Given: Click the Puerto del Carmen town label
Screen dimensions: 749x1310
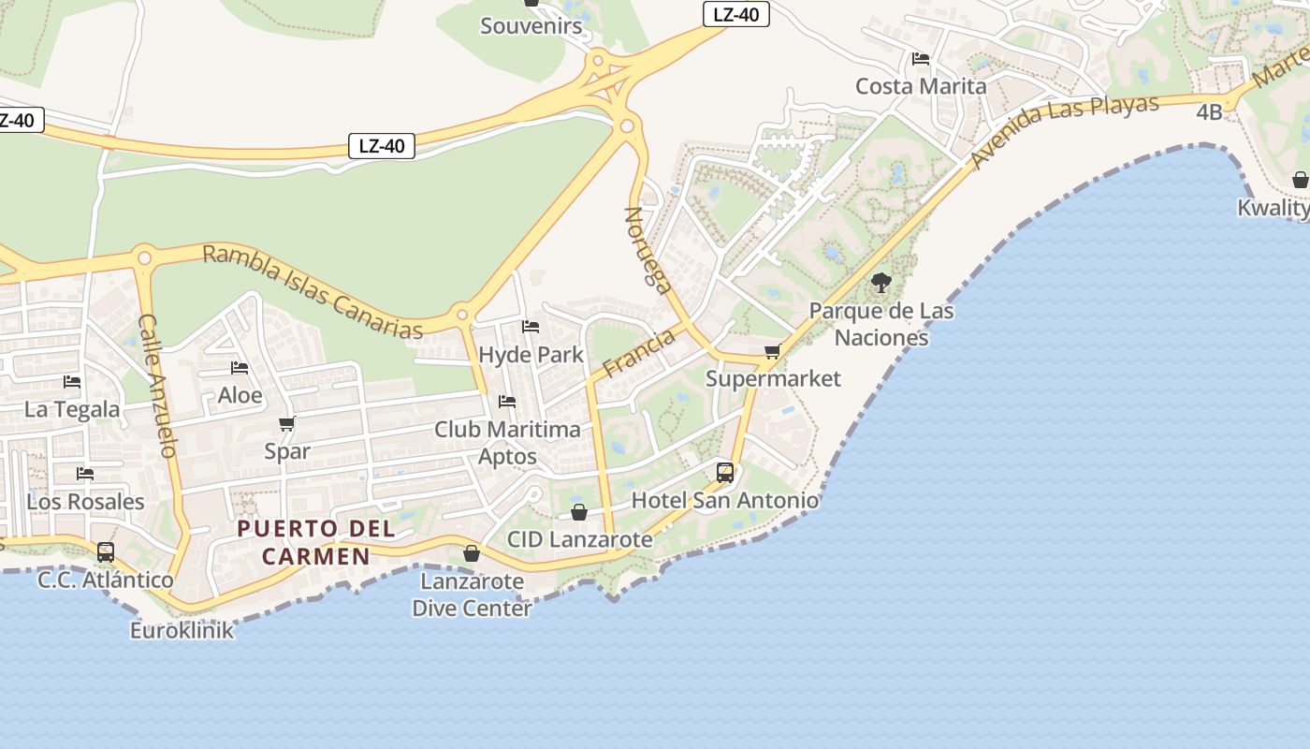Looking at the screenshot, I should (316, 542).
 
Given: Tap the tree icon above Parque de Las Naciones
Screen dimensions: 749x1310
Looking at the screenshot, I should (881, 282).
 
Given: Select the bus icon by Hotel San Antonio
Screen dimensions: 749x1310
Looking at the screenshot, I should (725, 472).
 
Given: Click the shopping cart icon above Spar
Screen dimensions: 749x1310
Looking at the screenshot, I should (287, 423).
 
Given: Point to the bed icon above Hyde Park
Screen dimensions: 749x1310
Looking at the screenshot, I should (531, 327).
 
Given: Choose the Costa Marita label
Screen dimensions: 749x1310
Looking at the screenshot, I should (921, 86).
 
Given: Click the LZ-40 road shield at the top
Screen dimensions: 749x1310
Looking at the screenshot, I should (735, 14).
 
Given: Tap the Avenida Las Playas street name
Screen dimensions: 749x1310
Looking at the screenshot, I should (1065, 131).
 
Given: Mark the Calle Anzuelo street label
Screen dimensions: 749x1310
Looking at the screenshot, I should (157, 385).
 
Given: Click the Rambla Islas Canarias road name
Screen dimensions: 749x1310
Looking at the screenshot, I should (313, 291).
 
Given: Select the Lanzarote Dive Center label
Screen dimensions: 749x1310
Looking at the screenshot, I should (472, 595).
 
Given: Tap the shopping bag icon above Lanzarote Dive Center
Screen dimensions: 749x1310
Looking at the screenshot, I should (472, 553).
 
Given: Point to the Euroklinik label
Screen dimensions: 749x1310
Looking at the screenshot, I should (182, 630).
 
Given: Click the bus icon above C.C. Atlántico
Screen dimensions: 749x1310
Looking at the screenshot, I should (106, 551).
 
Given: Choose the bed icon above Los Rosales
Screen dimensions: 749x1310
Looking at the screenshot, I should (85, 473).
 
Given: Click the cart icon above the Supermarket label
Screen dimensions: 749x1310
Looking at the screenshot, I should (772, 351).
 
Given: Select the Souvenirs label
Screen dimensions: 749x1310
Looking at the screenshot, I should (531, 26).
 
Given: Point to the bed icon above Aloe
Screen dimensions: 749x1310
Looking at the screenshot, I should (240, 368).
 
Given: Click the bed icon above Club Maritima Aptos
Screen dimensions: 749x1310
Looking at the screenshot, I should (507, 402).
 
